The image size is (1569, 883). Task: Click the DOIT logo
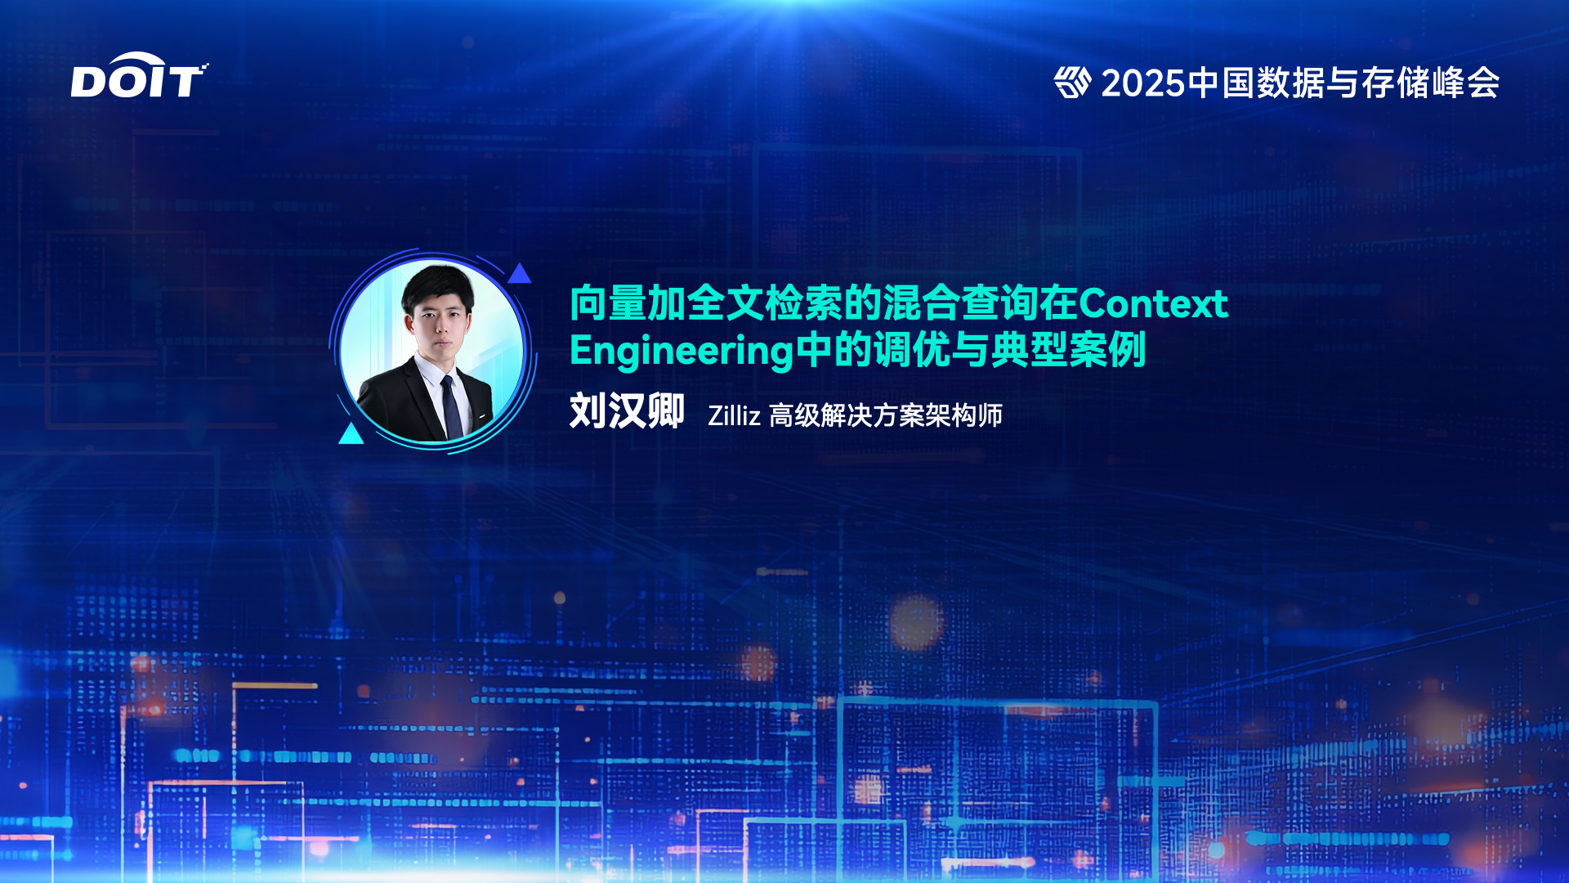coord(139,76)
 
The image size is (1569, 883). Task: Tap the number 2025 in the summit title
coord(1142,83)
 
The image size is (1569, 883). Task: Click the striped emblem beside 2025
coord(1072,82)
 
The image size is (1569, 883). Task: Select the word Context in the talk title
coord(1153,303)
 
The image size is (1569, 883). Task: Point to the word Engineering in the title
coord(682,352)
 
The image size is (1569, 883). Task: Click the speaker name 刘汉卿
coord(627,410)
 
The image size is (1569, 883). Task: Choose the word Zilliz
coord(734,415)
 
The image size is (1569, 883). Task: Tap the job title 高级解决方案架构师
coord(886,415)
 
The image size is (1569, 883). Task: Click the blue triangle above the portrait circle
coord(519,273)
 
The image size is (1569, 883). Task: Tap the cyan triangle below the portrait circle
coord(351,433)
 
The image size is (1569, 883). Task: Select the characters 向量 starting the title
coord(609,303)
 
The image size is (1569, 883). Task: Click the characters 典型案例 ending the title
coord(1067,350)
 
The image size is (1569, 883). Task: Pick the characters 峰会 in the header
coord(1465,83)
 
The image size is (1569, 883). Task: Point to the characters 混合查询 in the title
coord(960,303)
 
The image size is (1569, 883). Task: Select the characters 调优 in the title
coord(911,350)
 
